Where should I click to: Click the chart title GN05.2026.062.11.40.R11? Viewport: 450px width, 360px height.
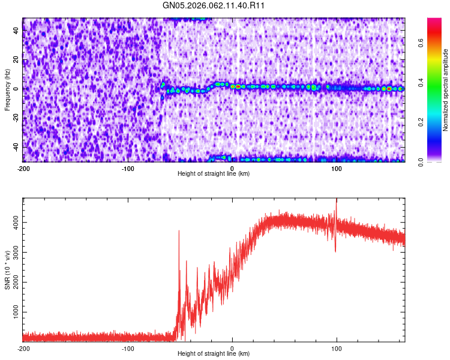214,6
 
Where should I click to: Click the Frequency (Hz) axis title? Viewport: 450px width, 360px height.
7,89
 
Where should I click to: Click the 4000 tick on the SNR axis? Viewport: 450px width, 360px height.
13,223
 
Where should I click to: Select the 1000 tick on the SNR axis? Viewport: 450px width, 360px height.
13,313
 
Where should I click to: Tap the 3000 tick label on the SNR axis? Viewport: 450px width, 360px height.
13,253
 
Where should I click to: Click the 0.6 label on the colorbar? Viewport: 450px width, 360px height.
421,43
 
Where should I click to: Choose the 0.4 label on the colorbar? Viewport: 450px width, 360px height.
421,83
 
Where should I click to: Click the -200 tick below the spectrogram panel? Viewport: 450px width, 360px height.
23,169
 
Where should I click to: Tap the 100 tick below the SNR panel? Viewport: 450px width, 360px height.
337,349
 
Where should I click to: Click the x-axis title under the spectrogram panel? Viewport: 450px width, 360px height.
214,174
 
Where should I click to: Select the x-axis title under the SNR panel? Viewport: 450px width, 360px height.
214,354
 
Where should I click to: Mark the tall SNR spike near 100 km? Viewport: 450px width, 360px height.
336,202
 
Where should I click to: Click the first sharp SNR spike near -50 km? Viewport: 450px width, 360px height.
179,232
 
